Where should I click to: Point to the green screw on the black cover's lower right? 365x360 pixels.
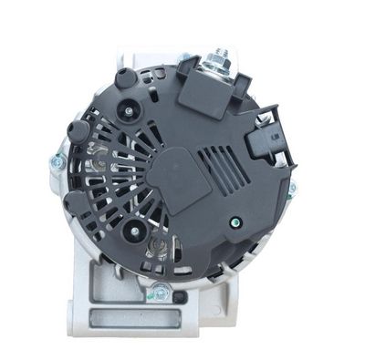[236, 221]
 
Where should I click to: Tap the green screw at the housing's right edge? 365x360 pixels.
[292, 190]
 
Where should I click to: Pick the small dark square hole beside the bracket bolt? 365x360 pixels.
[181, 297]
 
